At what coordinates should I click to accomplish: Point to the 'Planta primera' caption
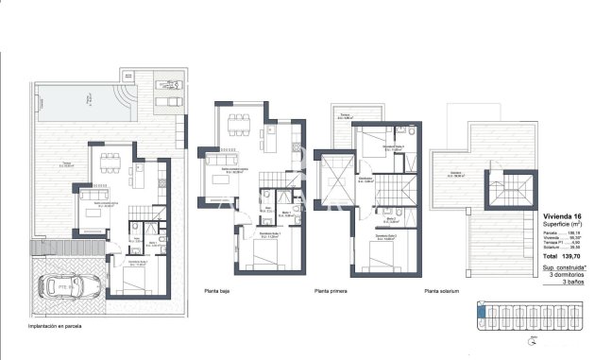pos(331,292)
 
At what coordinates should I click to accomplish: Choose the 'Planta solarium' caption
pos(442,292)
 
